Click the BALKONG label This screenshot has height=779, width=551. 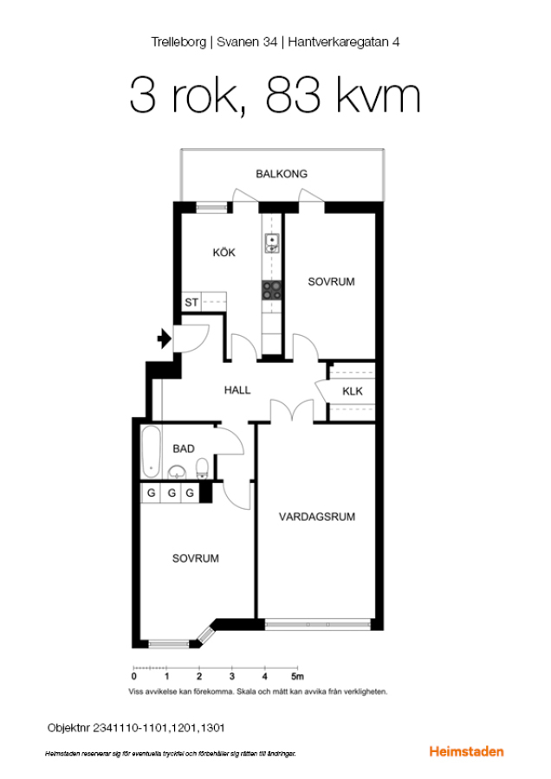(x=282, y=174)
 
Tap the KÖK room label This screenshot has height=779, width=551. (x=224, y=253)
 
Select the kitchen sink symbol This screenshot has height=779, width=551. (x=272, y=243)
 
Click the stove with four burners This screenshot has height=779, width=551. (x=271, y=290)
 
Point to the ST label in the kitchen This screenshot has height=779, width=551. (x=191, y=302)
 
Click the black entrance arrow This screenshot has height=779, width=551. (x=164, y=338)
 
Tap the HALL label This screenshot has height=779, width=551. (x=237, y=390)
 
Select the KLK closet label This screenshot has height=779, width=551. (x=353, y=391)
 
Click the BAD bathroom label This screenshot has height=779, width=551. (x=184, y=448)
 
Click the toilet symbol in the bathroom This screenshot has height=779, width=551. (x=202, y=468)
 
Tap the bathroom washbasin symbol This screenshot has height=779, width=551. (x=177, y=472)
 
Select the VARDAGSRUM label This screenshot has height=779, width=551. (x=317, y=518)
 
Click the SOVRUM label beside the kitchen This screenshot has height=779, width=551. (x=331, y=281)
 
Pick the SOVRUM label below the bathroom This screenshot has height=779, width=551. (x=196, y=558)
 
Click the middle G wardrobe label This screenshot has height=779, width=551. (x=172, y=493)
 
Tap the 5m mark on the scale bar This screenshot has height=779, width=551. (x=297, y=677)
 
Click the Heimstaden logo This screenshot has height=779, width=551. (x=466, y=751)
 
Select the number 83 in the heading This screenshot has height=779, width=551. (x=293, y=95)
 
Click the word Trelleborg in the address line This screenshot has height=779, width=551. (x=178, y=42)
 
